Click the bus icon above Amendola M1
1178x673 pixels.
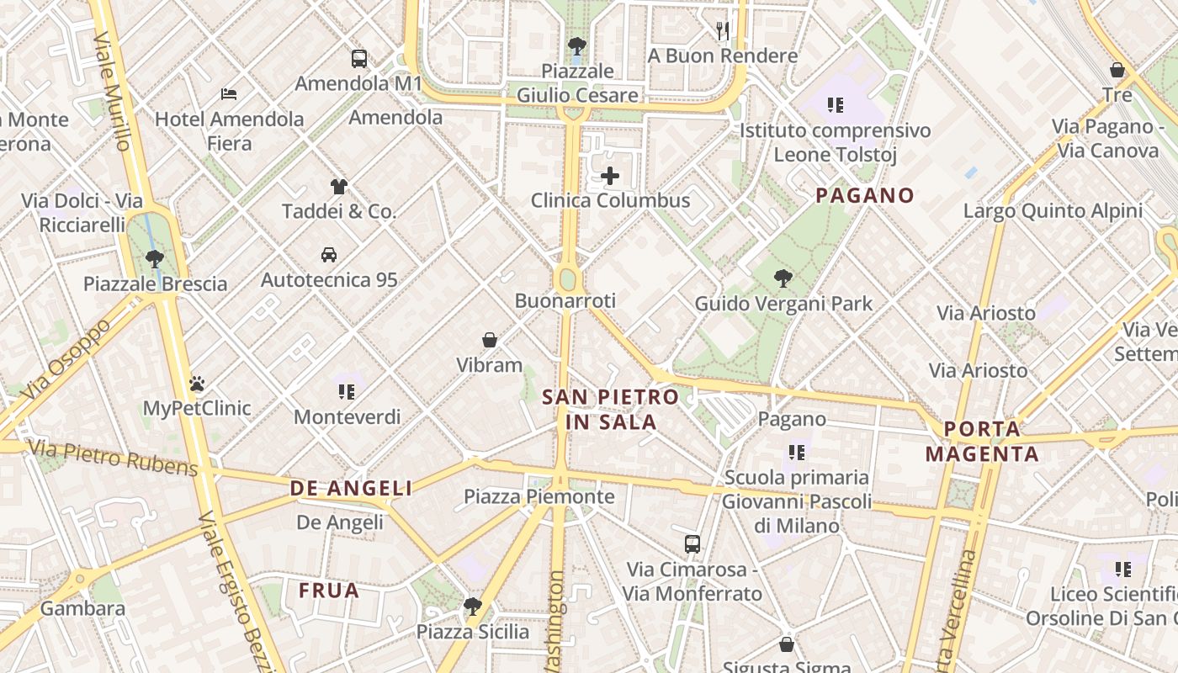(359, 59)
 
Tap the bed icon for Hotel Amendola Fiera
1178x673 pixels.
(229, 94)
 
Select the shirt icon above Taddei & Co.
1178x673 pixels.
(338, 187)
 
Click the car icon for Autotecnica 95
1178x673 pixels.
(329, 254)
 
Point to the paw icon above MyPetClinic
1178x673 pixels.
(197, 384)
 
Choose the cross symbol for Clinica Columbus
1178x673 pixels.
(610, 176)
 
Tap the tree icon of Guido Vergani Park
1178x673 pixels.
(783, 278)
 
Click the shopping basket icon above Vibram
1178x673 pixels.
(490, 340)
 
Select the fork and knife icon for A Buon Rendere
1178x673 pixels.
(723, 31)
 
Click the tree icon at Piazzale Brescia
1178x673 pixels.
(155, 258)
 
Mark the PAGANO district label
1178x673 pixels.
(865, 196)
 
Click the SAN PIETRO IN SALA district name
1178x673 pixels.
(611, 410)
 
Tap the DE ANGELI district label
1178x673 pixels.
(352, 488)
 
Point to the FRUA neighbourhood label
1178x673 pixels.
(329, 591)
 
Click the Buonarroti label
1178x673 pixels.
(565, 300)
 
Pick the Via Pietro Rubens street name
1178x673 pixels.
(113, 458)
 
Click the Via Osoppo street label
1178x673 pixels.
(65, 360)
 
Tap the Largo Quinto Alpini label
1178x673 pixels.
(1053, 210)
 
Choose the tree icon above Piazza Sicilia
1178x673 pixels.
(473, 606)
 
